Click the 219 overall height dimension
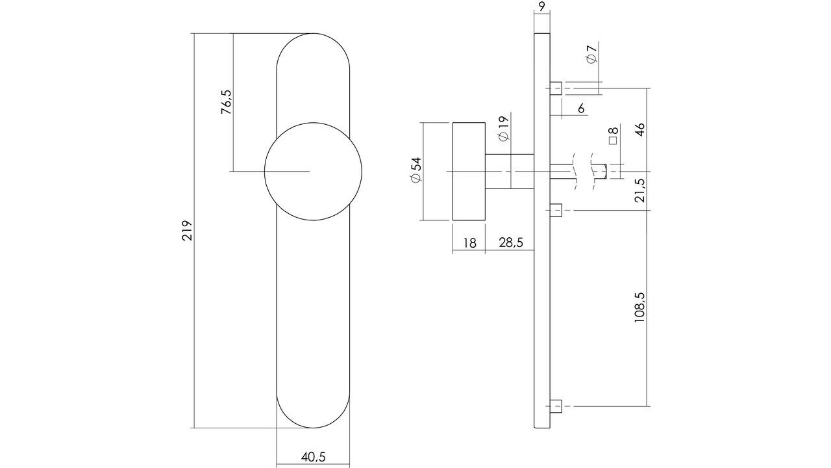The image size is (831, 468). (187, 231)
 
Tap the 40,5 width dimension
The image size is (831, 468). (313, 457)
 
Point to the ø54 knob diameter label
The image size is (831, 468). (415, 170)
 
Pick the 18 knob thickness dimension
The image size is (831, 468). (469, 243)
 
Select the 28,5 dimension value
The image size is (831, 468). (510, 243)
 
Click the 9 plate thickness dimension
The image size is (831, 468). (541, 7)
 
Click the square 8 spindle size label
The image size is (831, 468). (612, 135)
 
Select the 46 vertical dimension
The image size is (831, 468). (639, 128)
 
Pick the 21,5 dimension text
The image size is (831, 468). (639, 190)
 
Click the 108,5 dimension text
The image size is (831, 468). (639, 307)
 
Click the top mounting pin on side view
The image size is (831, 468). (556, 88)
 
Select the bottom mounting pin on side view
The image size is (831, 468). (556, 407)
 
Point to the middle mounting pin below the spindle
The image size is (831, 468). (556, 210)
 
